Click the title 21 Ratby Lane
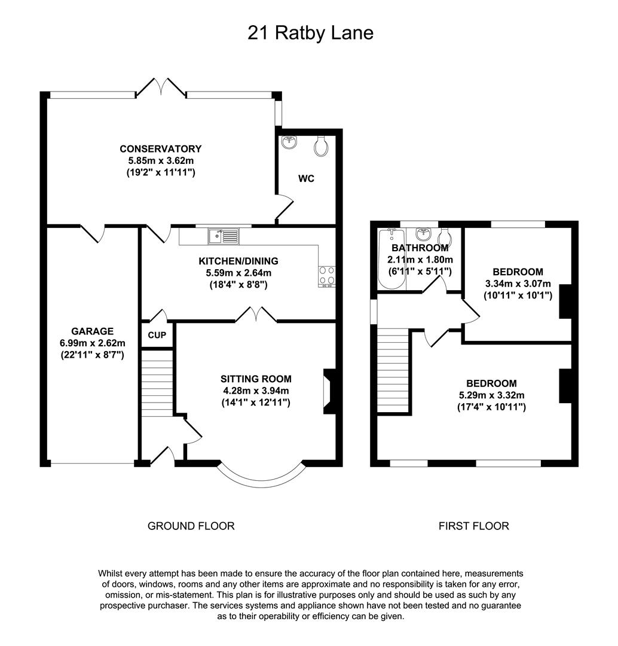point(310,32)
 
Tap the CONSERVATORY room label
point(160,149)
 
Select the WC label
point(307,178)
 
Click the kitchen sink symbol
point(224,236)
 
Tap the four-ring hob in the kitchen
point(326,276)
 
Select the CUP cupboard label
point(157,335)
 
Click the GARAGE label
point(92,331)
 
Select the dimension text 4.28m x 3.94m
point(256,391)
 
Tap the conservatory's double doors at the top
point(161,87)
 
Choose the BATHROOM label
point(420,248)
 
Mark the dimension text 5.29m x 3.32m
point(491,395)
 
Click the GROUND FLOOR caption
point(191,526)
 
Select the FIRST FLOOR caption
point(473,526)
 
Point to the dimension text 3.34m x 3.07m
point(518,284)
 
